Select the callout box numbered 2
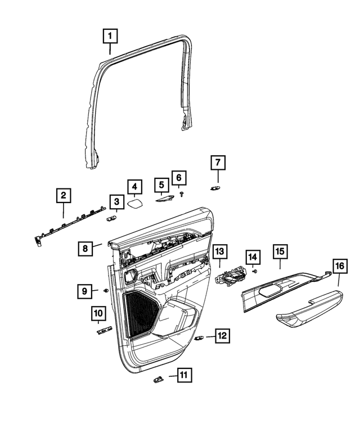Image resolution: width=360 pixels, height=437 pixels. (x=64, y=196)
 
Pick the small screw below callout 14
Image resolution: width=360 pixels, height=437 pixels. (x=255, y=271)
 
